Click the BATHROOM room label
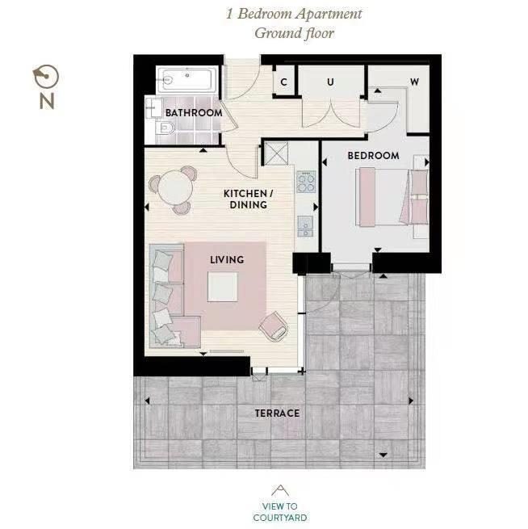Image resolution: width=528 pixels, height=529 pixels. [x=194, y=113]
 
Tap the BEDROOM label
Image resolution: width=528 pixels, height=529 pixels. [x=373, y=156]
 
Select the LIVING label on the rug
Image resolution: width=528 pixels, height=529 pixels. [x=227, y=260]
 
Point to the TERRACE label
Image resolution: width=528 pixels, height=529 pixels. [x=277, y=414]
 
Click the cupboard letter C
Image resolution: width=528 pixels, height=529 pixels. [x=283, y=82]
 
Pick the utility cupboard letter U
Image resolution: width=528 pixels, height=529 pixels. [x=330, y=82]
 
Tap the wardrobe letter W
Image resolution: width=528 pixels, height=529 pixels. [x=414, y=82]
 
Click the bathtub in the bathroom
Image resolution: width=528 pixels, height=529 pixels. [x=187, y=80]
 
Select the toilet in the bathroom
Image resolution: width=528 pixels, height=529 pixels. [x=165, y=128]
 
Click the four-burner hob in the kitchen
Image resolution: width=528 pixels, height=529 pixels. [x=306, y=182]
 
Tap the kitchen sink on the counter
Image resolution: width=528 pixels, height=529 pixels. [x=305, y=226]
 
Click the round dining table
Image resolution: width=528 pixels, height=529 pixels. [x=175, y=187]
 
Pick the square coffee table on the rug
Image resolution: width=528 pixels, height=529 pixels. [x=223, y=287]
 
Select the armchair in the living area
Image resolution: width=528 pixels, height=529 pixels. [x=274, y=326]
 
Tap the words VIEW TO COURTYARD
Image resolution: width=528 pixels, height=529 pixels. [x=280, y=512]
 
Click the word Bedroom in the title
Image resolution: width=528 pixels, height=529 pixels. [x=265, y=14]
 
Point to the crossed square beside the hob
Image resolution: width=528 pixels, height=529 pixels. [x=276, y=153]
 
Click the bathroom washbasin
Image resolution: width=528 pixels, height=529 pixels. [x=153, y=107]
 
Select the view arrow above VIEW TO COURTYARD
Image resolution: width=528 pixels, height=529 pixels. [x=280, y=490]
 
